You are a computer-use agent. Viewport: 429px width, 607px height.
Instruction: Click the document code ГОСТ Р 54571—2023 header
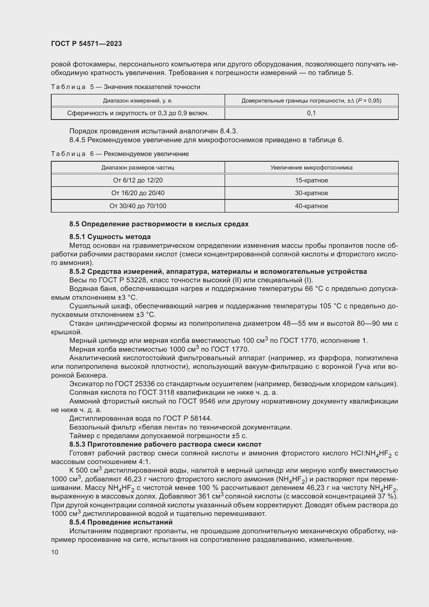pyautogui.click(x=86, y=44)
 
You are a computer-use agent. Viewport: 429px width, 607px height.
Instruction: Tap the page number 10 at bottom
pyautogui.click(x=55, y=552)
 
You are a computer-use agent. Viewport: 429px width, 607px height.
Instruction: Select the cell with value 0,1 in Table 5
pyautogui.click(x=311, y=113)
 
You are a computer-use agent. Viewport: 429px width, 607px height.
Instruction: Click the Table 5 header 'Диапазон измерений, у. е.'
pyautogui.click(x=138, y=101)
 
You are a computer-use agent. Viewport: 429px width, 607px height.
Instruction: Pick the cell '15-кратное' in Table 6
pyautogui.click(x=311, y=180)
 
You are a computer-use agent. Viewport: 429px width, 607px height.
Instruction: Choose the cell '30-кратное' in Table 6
pyautogui.click(x=311, y=193)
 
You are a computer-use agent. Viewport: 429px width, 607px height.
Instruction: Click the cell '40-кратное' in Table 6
pyautogui.click(x=311, y=206)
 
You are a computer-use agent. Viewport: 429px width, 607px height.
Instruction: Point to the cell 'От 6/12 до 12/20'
pyautogui.click(x=138, y=180)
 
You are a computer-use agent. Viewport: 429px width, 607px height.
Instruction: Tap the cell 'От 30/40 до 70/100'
pyautogui.click(x=138, y=206)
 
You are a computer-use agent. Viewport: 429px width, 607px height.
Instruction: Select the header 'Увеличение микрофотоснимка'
pyautogui.click(x=311, y=168)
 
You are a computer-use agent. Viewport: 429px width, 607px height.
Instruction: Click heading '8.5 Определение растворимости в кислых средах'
pyautogui.click(x=159, y=224)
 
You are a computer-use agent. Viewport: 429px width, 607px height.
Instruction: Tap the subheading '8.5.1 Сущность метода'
pyautogui.click(x=110, y=237)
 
